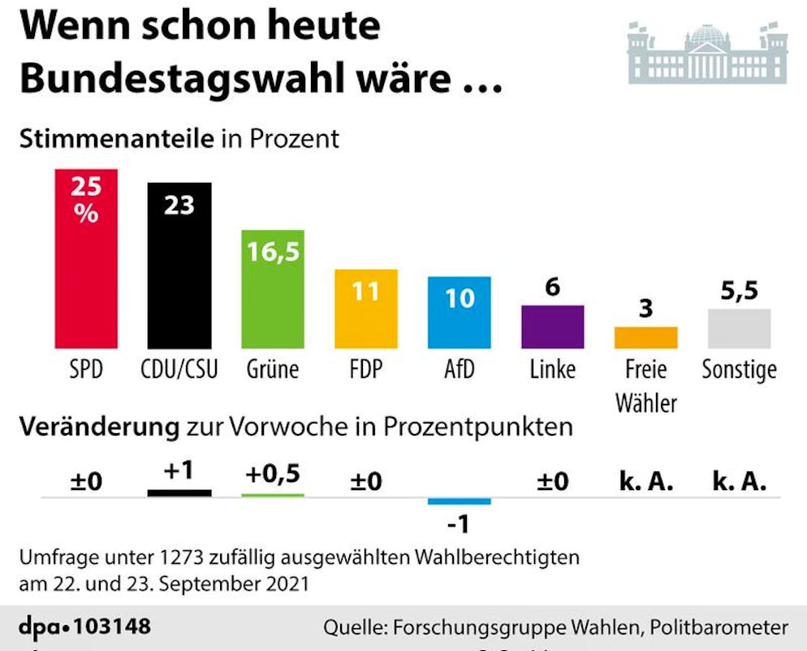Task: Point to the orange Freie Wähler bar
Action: click(x=646, y=337)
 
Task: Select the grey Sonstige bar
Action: click(x=739, y=328)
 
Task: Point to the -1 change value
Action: click(x=459, y=525)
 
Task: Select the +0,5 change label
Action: click(x=274, y=474)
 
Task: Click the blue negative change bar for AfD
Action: click(x=460, y=500)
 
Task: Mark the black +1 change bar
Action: click(x=179, y=492)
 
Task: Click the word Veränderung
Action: click(x=99, y=426)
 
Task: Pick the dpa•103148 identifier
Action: click(x=84, y=627)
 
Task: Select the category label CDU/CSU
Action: click(x=180, y=370)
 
